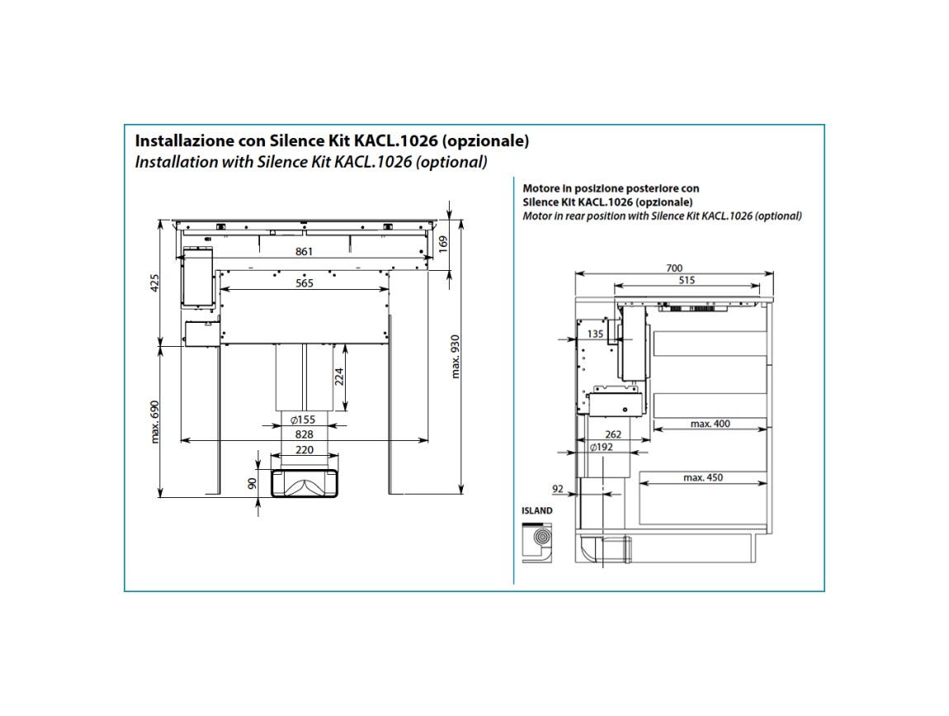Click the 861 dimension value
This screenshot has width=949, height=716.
(x=304, y=251)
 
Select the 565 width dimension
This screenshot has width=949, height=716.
(x=304, y=283)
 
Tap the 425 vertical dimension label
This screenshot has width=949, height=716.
(x=154, y=284)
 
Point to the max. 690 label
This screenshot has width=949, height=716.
(x=154, y=422)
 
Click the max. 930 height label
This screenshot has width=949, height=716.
(x=456, y=357)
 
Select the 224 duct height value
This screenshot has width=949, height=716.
(x=339, y=377)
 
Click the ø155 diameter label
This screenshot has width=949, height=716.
(x=303, y=420)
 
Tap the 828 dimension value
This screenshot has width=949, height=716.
(x=304, y=434)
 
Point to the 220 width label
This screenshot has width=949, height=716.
(x=304, y=449)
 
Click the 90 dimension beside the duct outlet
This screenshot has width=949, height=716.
(x=253, y=483)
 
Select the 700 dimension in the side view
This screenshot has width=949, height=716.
(x=673, y=268)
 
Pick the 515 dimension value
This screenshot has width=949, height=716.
(x=687, y=280)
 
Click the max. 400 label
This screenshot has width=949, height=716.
(x=710, y=424)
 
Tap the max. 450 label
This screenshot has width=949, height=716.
(x=702, y=477)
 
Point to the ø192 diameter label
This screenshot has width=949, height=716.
(x=601, y=447)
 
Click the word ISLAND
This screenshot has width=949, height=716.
(x=537, y=510)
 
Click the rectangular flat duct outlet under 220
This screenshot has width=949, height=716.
(x=304, y=483)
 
